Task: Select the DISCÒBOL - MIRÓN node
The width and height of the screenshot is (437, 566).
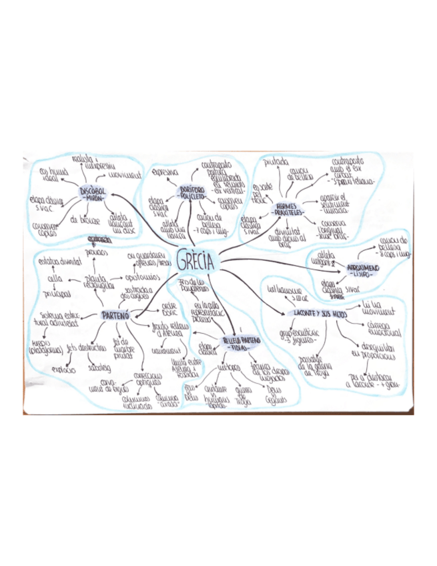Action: pyautogui.click(x=93, y=194)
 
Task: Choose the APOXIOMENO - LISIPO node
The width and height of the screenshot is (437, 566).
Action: pyautogui.click(x=362, y=270)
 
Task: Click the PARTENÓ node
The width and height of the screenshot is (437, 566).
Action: pyautogui.click(x=115, y=315)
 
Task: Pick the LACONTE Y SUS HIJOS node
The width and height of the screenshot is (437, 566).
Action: pyautogui.click(x=317, y=313)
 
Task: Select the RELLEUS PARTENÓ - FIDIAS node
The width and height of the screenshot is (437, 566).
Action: pyautogui.click(x=240, y=342)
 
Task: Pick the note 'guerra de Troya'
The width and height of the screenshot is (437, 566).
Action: pyautogui.click(x=244, y=398)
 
